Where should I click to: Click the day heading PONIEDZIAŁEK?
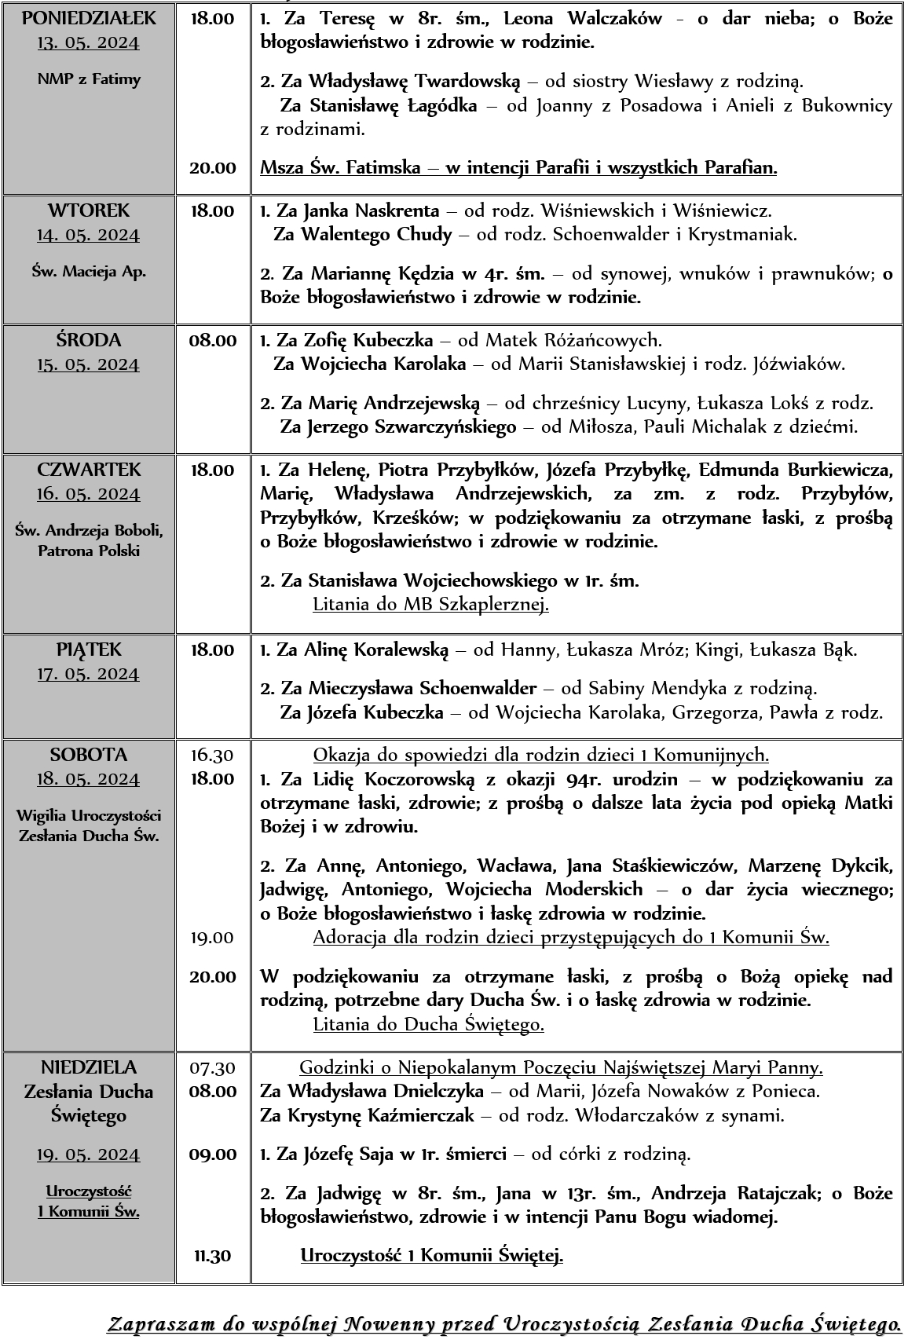(x=89, y=18)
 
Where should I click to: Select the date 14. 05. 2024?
(x=88, y=235)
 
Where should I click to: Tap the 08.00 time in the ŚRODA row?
(x=212, y=340)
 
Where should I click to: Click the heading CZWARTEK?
(x=89, y=469)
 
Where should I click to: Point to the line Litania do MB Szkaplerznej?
(x=430, y=604)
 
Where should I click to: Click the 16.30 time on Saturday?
(x=212, y=755)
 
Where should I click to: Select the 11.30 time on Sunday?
(x=212, y=1256)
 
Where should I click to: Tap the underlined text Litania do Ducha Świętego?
(x=428, y=1024)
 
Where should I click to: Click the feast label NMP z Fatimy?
(x=89, y=79)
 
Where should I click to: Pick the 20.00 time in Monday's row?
(x=212, y=167)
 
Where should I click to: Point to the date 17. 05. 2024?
(x=88, y=674)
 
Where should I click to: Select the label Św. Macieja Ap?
(x=89, y=272)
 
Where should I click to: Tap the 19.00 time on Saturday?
(x=212, y=937)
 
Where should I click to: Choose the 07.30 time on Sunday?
(x=212, y=1067)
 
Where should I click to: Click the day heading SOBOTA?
(x=89, y=754)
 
